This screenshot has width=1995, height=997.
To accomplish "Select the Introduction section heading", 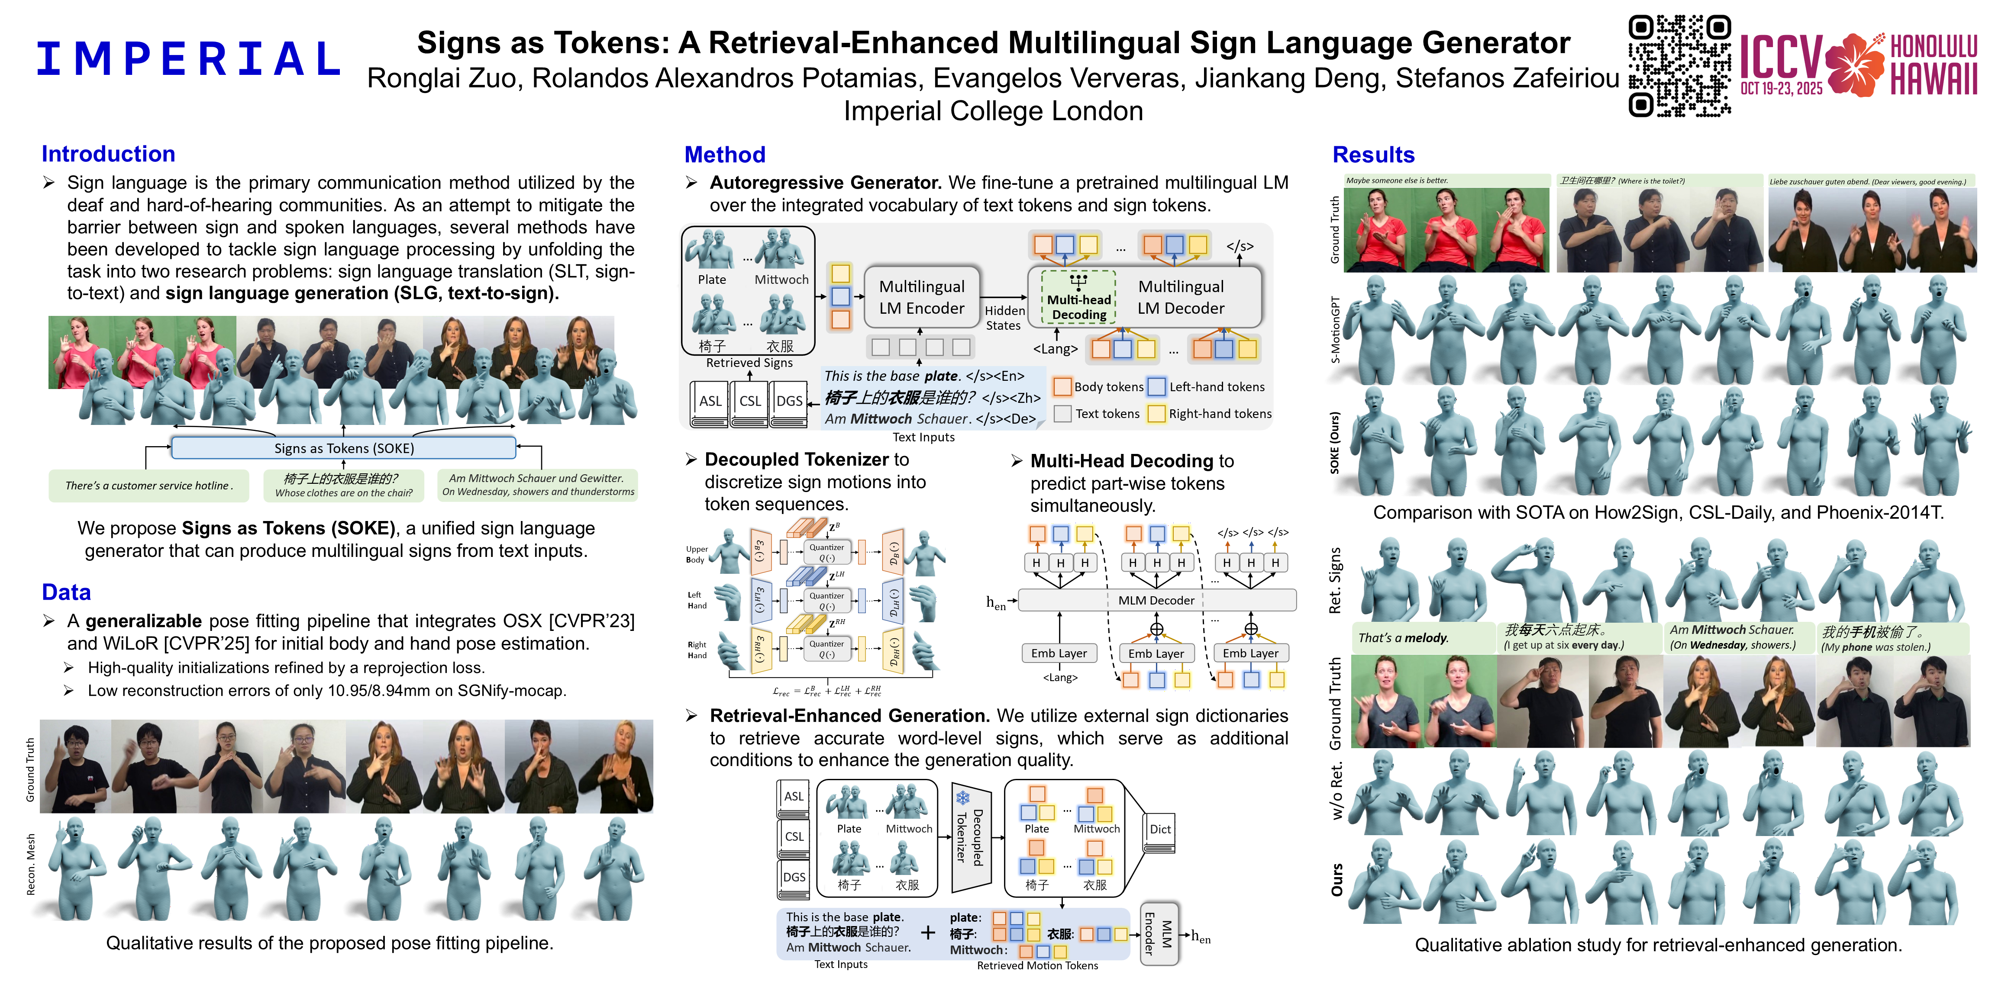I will click(x=108, y=154).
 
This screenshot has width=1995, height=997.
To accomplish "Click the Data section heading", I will click(x=67, y=592).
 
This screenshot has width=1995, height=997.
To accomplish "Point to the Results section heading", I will click(x=1373, y=155).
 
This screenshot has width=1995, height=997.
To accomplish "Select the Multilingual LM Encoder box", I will click(x=922, y=297).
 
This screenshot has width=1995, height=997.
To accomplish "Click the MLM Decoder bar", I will click(x=1156, y=600).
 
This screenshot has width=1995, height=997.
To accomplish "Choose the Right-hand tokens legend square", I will click(x=1156, y=413).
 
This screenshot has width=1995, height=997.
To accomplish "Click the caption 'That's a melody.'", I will click(x=1403, y=638).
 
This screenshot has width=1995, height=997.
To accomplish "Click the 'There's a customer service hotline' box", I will click(x=148, y=486).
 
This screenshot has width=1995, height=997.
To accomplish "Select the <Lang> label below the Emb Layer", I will click(x=1059, y=677).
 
